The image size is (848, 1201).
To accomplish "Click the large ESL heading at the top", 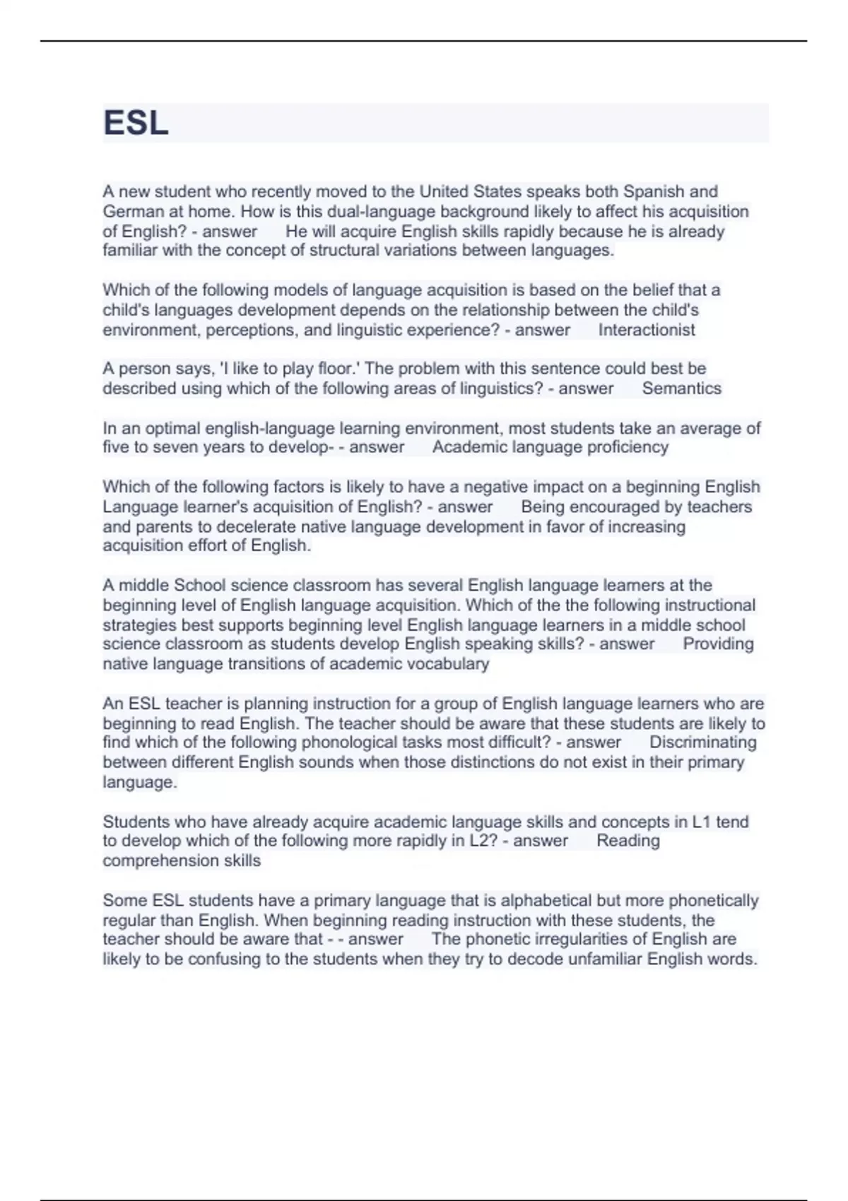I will [136, 124].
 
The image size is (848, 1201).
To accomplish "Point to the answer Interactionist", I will [647, 330].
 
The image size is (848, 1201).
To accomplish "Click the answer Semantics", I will [682, 388].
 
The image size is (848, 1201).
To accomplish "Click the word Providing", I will [718, 644].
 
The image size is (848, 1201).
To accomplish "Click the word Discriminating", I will [702, 743].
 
